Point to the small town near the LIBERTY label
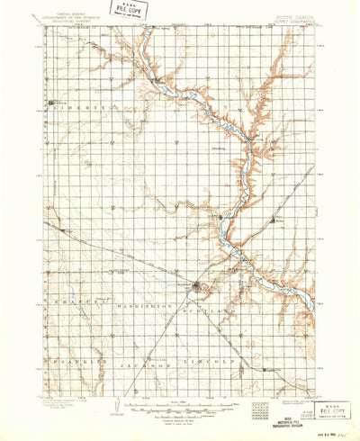[50, 107]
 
